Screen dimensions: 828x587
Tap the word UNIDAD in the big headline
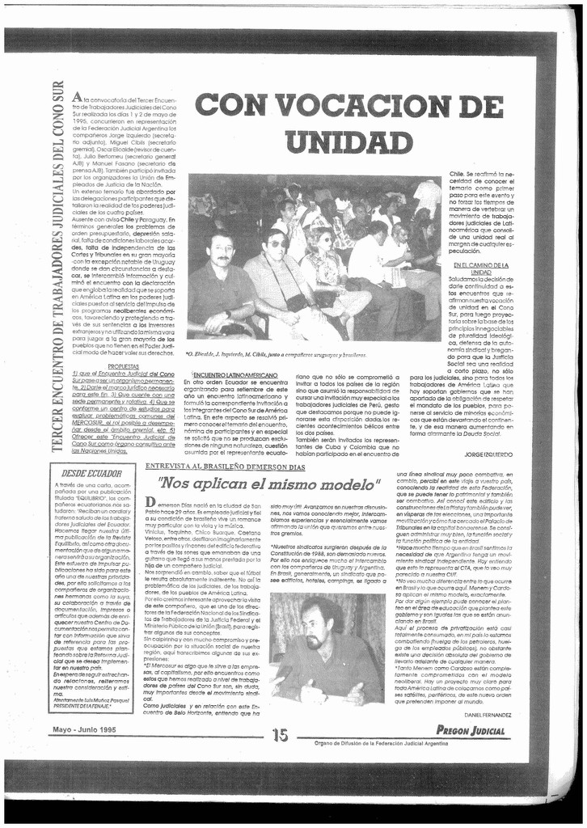[349, 142]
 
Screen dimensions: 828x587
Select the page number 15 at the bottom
[281, 734]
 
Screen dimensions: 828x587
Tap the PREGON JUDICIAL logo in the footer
[470, 731]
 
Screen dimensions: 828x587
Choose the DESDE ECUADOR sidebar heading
[91, 472]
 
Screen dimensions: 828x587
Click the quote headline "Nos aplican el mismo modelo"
[269, 484]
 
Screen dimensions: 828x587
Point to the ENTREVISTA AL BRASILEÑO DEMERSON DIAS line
[226, 467]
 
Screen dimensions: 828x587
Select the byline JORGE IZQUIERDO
[488, 454]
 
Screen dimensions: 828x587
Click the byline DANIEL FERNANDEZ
[488, 714]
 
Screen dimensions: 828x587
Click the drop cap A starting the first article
[76, 97]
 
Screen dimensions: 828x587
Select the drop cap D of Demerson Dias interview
[150, 503]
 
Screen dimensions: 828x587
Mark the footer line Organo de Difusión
[375, 741]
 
